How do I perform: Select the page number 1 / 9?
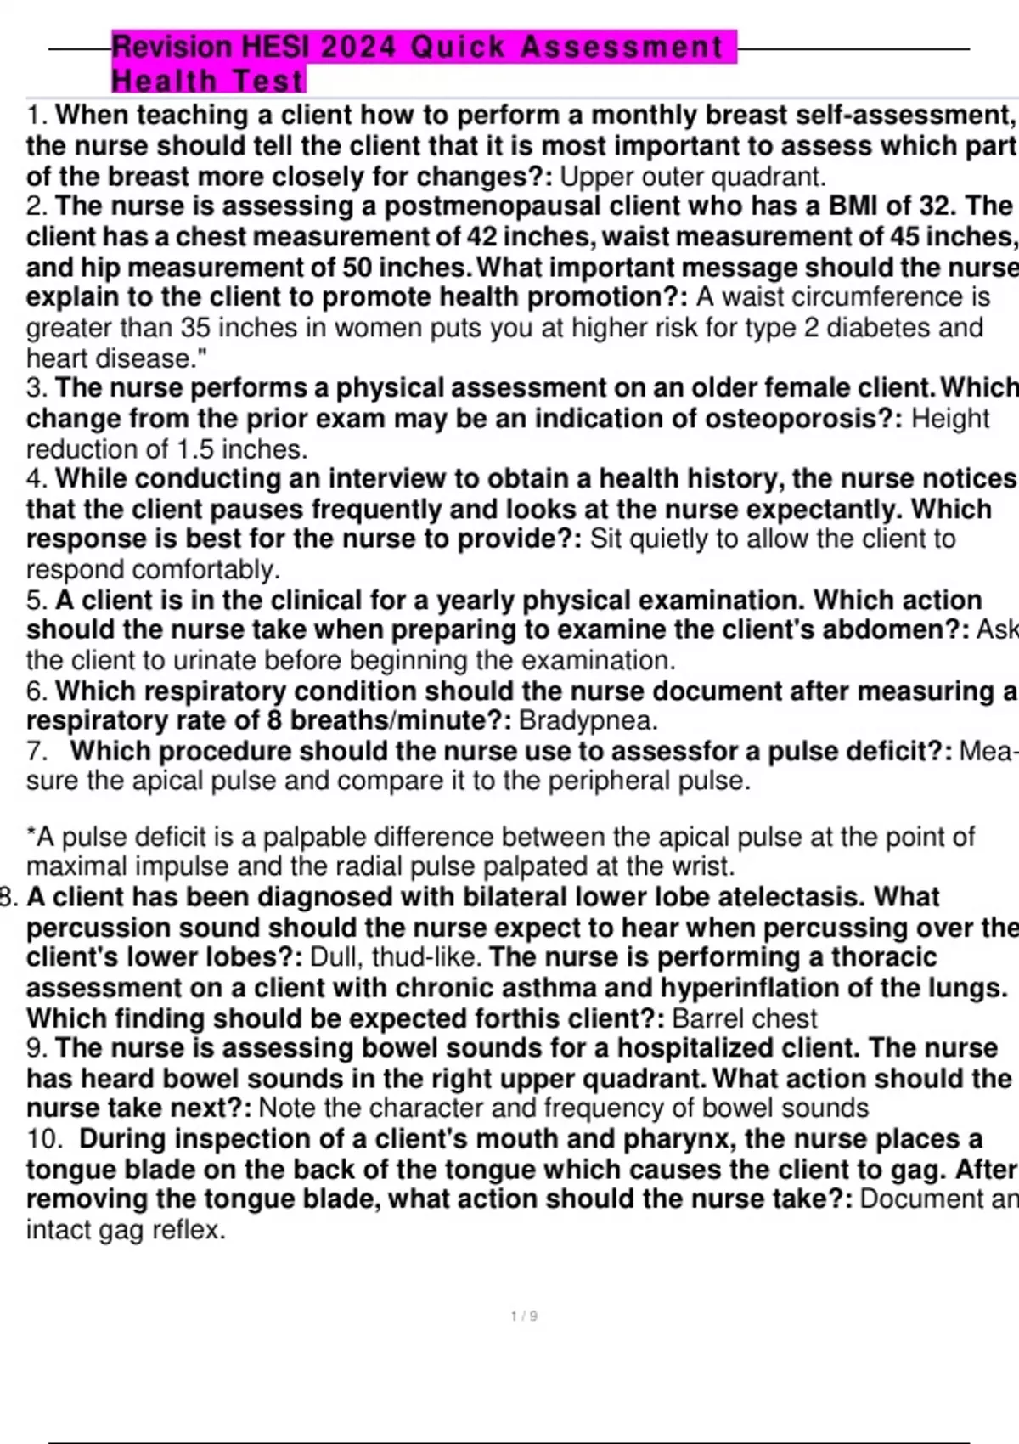(x=524, y=1316)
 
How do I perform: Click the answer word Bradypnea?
(x=588, y=721)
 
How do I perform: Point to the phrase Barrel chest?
(x=744, y=1018)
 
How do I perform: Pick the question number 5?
(x=36, y=601)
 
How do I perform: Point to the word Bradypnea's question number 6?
(x=36, y=691)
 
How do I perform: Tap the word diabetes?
(x=859, y=328)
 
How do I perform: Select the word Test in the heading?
(x=267, y=82)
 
